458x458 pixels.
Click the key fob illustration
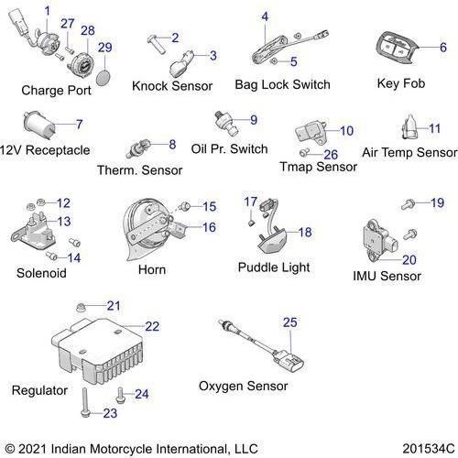(396, 48)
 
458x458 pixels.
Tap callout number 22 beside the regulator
(152, 326)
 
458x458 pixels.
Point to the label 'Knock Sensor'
(172, 86)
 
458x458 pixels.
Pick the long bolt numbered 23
(84, 402)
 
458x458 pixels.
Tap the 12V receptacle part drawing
(39, 125)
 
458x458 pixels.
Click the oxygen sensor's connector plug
(289, 360)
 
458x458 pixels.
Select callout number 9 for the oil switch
(254, 120)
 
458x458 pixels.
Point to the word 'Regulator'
(39, 390)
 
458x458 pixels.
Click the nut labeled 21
(81, 307)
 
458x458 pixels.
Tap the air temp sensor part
(409, 127)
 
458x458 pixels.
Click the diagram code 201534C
(429, 449)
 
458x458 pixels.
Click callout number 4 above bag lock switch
(265, 16)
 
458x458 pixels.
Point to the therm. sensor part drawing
(138, 148)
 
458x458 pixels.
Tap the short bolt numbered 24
(120, 396)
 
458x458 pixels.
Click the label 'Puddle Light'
(274, 267)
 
